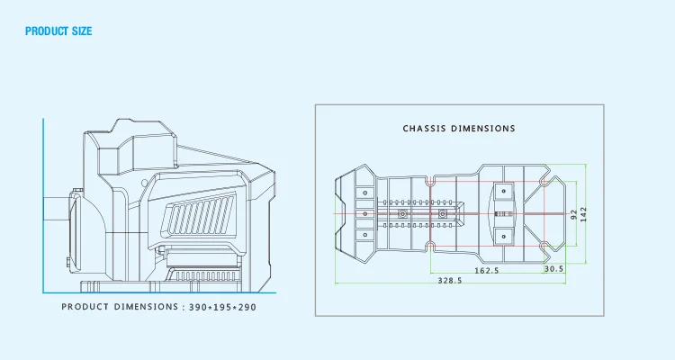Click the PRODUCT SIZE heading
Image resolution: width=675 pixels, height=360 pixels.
coord(58,31)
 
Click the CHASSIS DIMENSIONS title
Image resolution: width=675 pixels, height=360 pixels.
coord(459,129)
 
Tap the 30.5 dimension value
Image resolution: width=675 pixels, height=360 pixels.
coord(553,269)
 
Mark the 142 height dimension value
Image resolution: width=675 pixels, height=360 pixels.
coord(584,214)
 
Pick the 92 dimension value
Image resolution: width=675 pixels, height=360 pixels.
coord(574,214)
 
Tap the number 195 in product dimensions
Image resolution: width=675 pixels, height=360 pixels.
coord(221,307)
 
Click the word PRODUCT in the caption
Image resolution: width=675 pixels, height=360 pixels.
coord(85,307)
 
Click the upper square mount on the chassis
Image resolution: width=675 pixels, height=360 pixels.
coord(503,191)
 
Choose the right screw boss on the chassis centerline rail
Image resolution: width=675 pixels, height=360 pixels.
coord(443,214)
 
